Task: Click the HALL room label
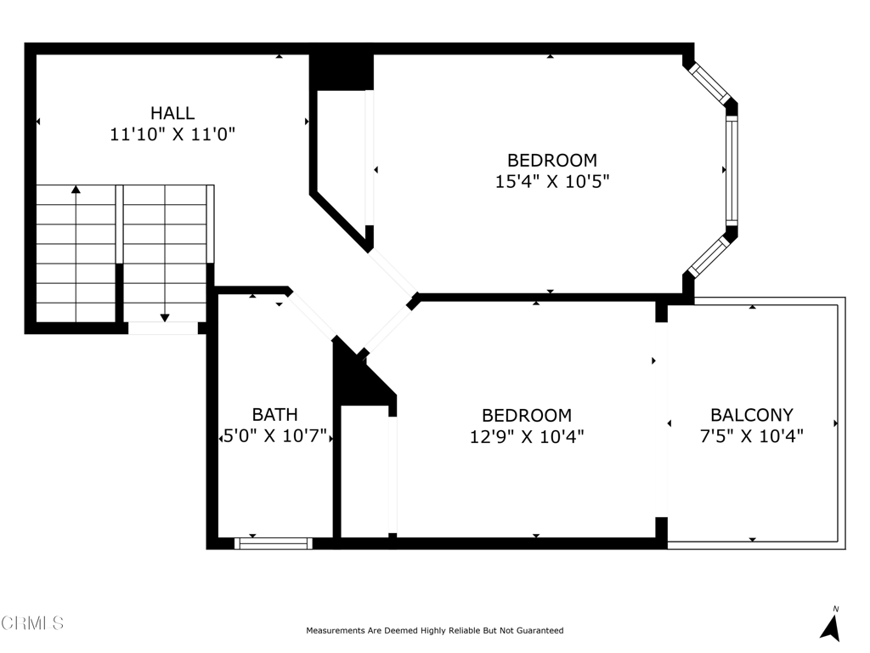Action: point(172,112)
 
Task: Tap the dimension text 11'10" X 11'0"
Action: point(172,133)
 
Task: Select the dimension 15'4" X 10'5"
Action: point(552,181)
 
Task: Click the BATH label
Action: point(274,415)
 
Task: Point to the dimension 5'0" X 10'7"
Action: point(274,437)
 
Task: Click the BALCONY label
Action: point(752,415)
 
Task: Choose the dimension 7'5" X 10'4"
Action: point(752,437)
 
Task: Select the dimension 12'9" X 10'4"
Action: point(527,437)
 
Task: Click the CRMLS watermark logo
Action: point(32,623)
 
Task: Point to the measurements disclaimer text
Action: point(434,631)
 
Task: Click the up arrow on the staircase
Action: point(76,190)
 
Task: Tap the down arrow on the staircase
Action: point(165,317)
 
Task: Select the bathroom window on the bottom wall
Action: point(274,543)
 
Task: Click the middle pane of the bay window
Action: point(731,170)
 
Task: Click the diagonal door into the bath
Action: point(312,315)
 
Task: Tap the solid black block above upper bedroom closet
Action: point(341,71)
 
